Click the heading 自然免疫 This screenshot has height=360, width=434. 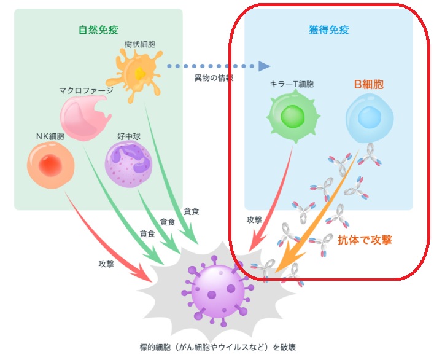98,29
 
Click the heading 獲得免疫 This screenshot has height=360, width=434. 328,29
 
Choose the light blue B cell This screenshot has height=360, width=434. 368,116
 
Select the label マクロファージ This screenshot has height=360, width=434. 86,90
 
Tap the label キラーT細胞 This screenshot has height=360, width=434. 292,84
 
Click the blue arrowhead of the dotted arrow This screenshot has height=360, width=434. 265,65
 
